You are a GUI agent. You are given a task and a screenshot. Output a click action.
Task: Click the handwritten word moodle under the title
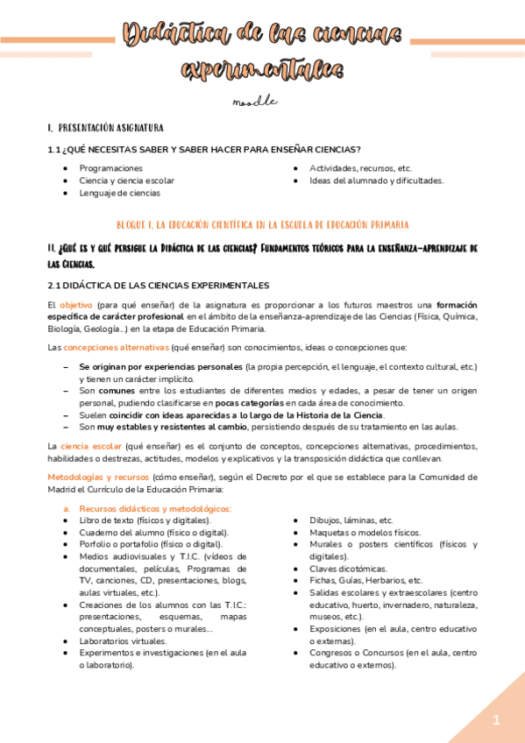click(x=254, y=102)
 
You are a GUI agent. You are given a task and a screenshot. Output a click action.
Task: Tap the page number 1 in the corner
click(x=495, y=720)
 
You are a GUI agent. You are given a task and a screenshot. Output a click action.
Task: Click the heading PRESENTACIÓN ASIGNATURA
click(x=109, y=128)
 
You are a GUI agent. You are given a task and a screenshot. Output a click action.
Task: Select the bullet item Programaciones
click(x=110, y=167)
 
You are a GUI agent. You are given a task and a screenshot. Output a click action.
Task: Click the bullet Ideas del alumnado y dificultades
click(x=376, y=180)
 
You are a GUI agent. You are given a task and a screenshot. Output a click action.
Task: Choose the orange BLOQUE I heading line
click(x=262, y=225)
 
